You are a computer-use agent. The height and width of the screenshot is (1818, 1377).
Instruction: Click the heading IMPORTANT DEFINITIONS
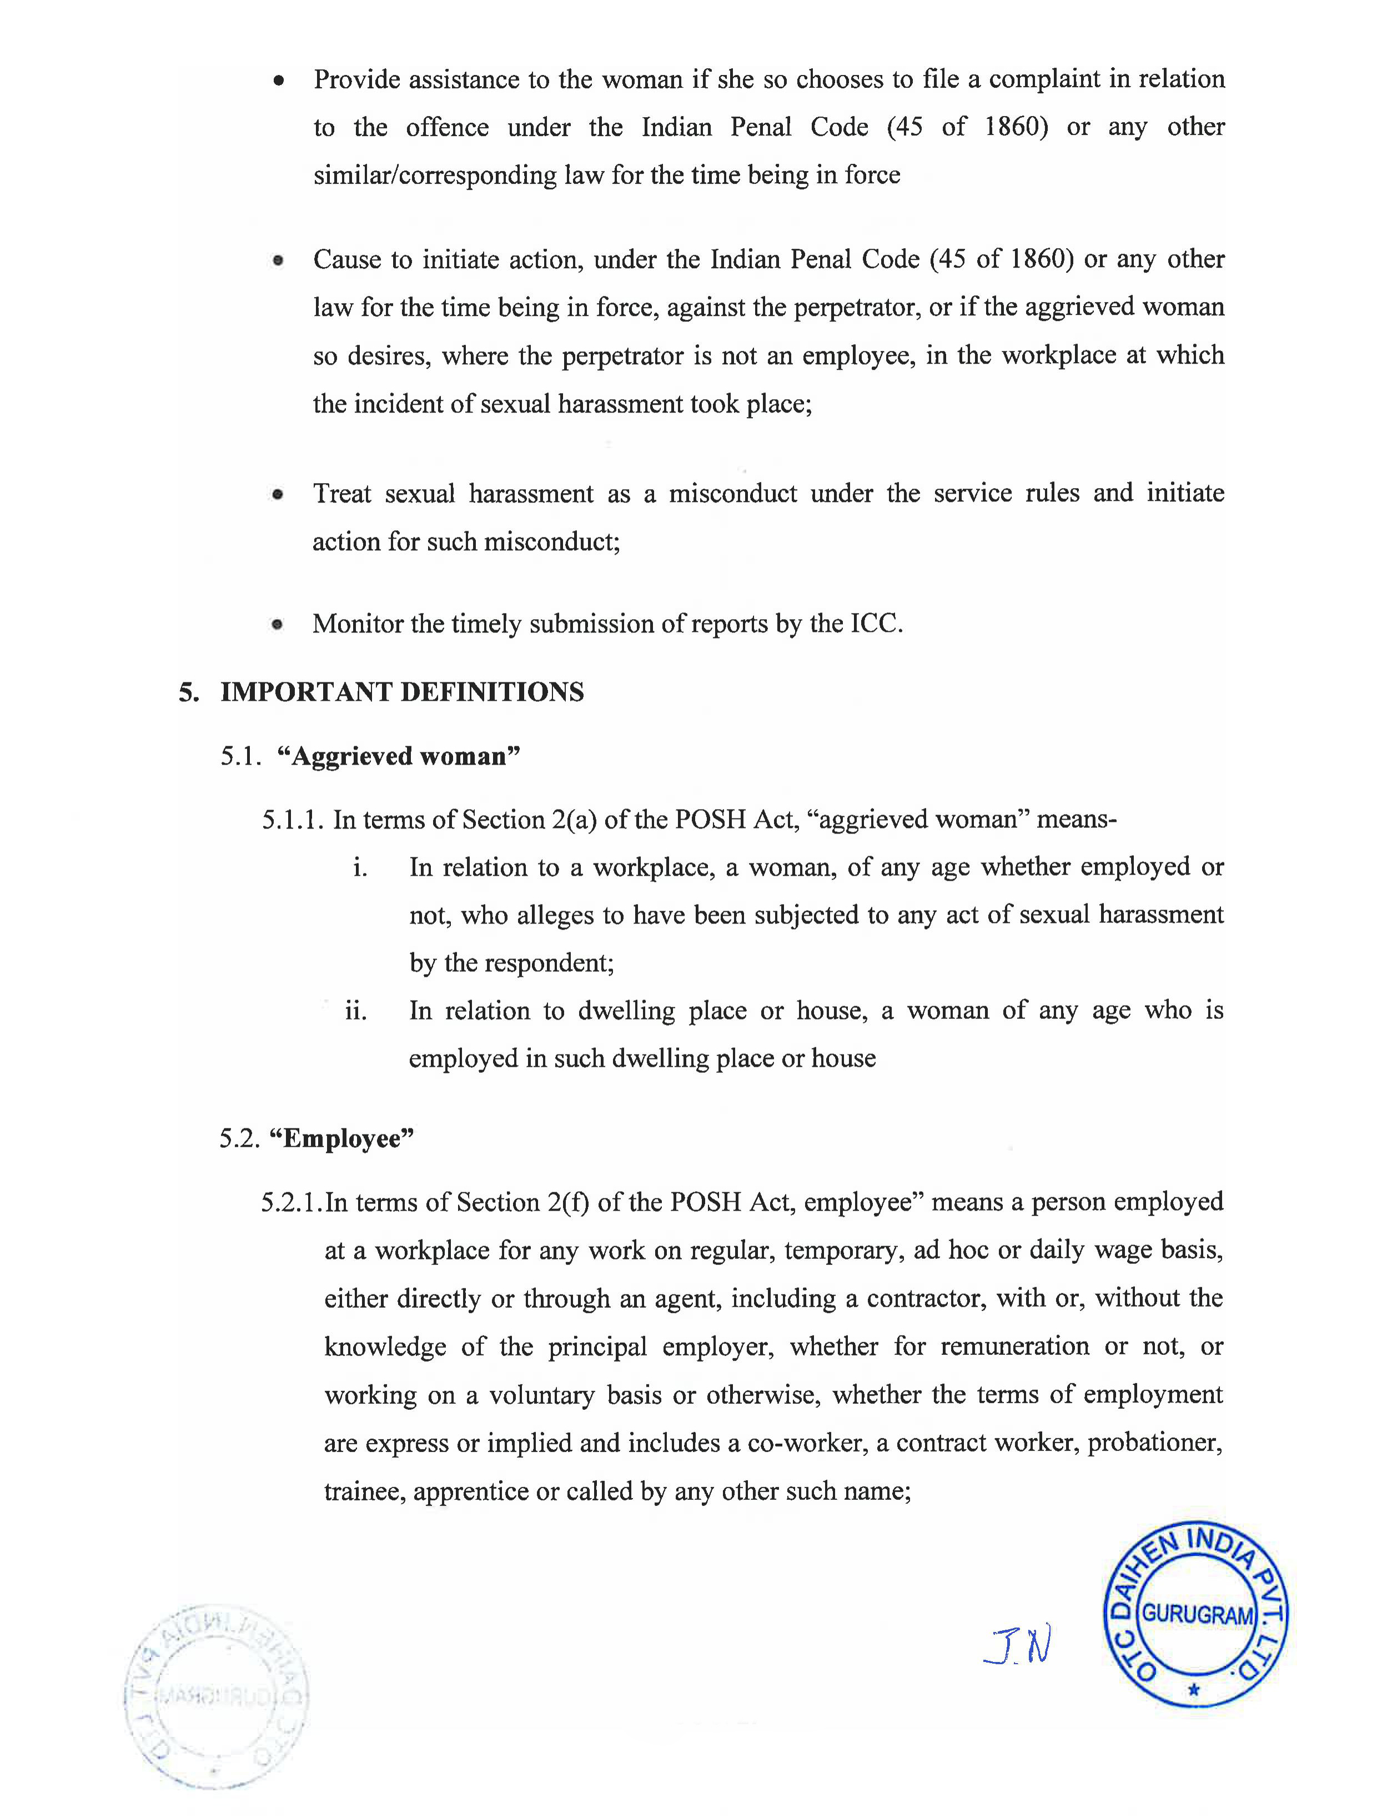pyautogui.click(x=402, y=692)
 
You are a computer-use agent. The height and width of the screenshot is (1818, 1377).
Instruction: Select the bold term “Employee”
pyautogui.click(x=342, y=1138)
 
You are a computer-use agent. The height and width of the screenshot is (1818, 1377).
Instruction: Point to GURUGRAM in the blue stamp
pyautogui.click(x=1197, y=1614)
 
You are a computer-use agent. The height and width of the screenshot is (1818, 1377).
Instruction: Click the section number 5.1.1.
pyautogui.click(x=293, y=820)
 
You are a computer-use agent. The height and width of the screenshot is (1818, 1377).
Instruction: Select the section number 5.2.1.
pyautogui.click(x=291, y=1202)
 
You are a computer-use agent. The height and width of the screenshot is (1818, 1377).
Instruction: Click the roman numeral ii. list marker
pyautogui.click(x=356, y=1010)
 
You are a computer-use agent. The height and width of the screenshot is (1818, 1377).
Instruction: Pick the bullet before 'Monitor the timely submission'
pyautogui.click(x=278, y=625)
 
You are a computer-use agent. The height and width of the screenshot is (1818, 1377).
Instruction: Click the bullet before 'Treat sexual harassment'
pyautogui.click(x=278, y=495)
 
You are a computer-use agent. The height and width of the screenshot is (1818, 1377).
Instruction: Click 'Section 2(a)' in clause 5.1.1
pyautogui.click(x=529, y=820)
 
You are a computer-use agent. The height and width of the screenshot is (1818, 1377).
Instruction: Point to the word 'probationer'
pyautogui.click(x=1154, y=1443)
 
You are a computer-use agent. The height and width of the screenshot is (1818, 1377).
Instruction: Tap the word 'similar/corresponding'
pyautogui.click(x=435, y=175)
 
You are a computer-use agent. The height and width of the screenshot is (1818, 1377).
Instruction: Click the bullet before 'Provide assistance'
pyautogui.click(x=279, y=81)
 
